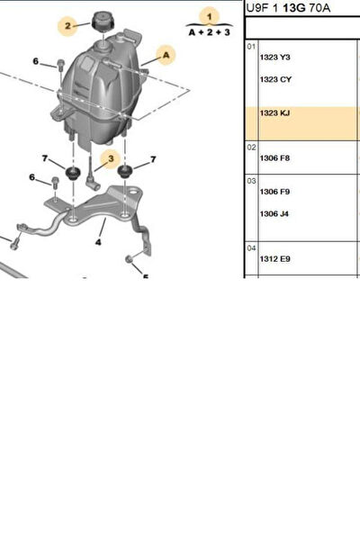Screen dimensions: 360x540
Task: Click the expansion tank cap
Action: tap(103, 22)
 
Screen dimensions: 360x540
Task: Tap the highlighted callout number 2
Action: tap(67, 26)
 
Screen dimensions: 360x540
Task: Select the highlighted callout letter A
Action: tap(166, 55)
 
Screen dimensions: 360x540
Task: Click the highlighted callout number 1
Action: tap(210, 16)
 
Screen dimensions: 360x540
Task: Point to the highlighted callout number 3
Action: tap(111, 158)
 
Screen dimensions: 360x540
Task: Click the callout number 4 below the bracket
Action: tap(98, 242)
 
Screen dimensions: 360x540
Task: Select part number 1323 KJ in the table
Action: tap(274, 113)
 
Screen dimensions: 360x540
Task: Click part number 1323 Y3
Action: tap(274, 58)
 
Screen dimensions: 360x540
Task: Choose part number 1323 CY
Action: tap(275, 79)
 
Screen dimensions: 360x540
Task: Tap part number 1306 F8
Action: tap(274, 158)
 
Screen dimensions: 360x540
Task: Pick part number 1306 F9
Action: tap(274, 192)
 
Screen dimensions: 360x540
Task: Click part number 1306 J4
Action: tap(274, 214)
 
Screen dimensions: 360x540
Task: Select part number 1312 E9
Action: tap(274, 258)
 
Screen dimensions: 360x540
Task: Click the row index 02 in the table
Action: tap(251, 148)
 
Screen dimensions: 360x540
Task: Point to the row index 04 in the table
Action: tap(251, 248)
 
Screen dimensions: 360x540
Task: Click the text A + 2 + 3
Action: tap(209, 32)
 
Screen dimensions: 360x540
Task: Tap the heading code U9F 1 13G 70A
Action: tap(288, 7)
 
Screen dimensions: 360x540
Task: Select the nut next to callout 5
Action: tap(129, 259)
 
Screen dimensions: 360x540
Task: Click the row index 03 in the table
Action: tap(251, 181)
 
